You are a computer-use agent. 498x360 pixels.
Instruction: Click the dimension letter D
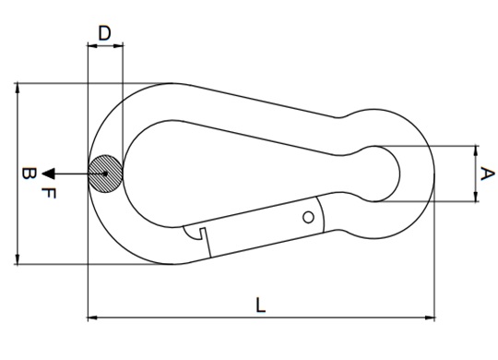click(104, 33)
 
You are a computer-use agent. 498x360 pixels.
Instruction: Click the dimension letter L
click(260, 305)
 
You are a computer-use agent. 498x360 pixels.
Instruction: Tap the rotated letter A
click(488, 174)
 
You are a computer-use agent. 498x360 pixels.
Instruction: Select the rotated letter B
click(30, 174)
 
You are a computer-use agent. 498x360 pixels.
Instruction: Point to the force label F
click(49, 193)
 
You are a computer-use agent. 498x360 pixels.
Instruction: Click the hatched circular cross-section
click(105, 174)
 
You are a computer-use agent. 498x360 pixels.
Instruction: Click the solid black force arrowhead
click(49, 174)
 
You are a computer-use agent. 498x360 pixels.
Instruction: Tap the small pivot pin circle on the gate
click(308, 218)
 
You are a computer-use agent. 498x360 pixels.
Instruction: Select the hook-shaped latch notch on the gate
click(195, 233)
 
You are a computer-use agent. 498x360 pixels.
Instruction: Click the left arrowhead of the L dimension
click(92, 318)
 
